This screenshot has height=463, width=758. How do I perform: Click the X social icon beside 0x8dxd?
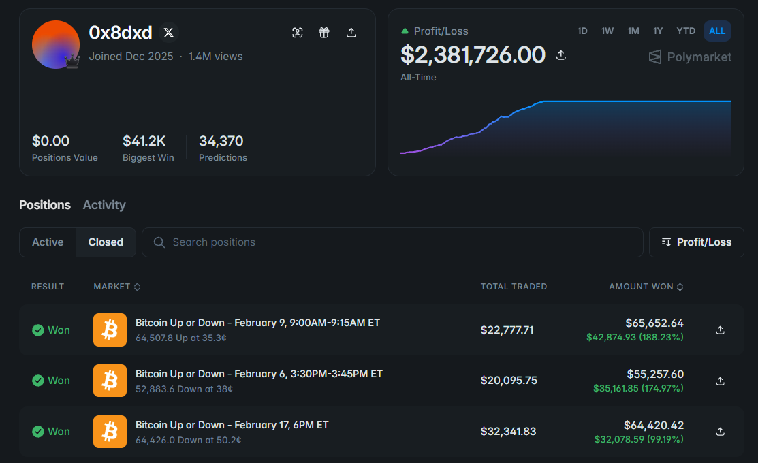(168, 33)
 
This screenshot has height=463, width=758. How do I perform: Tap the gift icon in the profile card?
(324, 33)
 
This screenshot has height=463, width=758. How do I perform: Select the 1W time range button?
(607, 31)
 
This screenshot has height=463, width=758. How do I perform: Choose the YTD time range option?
(686, 31)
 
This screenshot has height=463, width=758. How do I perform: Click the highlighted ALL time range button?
(717, 31)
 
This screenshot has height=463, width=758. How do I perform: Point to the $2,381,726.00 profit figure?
(473, 54)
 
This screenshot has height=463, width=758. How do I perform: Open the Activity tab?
(104, 205)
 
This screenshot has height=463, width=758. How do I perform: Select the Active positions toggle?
(48, 242)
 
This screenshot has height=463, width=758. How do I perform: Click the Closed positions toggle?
(106, 242)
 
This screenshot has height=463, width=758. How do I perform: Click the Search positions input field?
(392, 242)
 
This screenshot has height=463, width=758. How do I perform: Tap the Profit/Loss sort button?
(696, 242)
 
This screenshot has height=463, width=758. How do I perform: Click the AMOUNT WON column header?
(646, 287)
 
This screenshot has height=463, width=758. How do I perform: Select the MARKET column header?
(116, 287)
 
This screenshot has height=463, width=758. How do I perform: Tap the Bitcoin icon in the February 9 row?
(110, 330)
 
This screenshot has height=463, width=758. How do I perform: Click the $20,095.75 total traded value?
(509, 381)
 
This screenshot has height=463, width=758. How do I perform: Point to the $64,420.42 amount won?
(654, 426)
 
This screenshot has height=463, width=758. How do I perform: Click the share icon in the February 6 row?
(720, 381)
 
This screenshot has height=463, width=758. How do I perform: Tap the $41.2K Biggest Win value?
(144, 141)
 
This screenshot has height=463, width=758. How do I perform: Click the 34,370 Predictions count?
(221, 141)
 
